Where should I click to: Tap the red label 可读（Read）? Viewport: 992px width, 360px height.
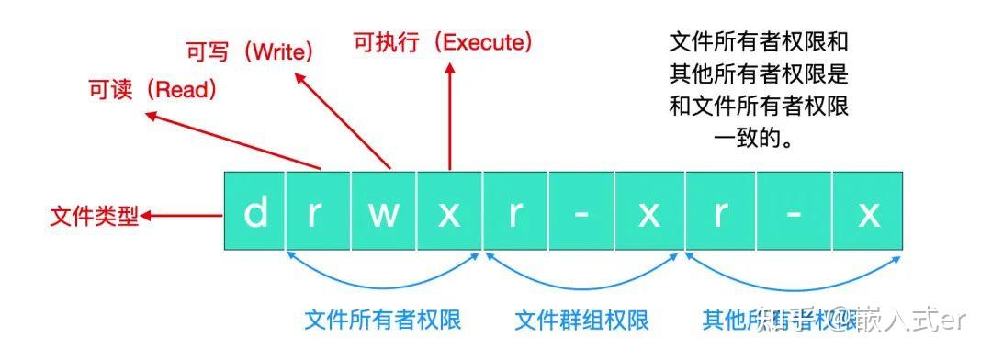[152, 89]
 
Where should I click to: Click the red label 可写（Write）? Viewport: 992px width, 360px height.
[250, 52]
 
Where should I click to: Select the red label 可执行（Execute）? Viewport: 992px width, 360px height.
[443, 41]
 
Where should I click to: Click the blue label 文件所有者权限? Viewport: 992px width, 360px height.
[383, 320]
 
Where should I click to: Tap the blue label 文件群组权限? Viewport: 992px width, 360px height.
[581, 320]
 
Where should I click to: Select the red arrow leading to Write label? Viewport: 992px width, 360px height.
[345, 119]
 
